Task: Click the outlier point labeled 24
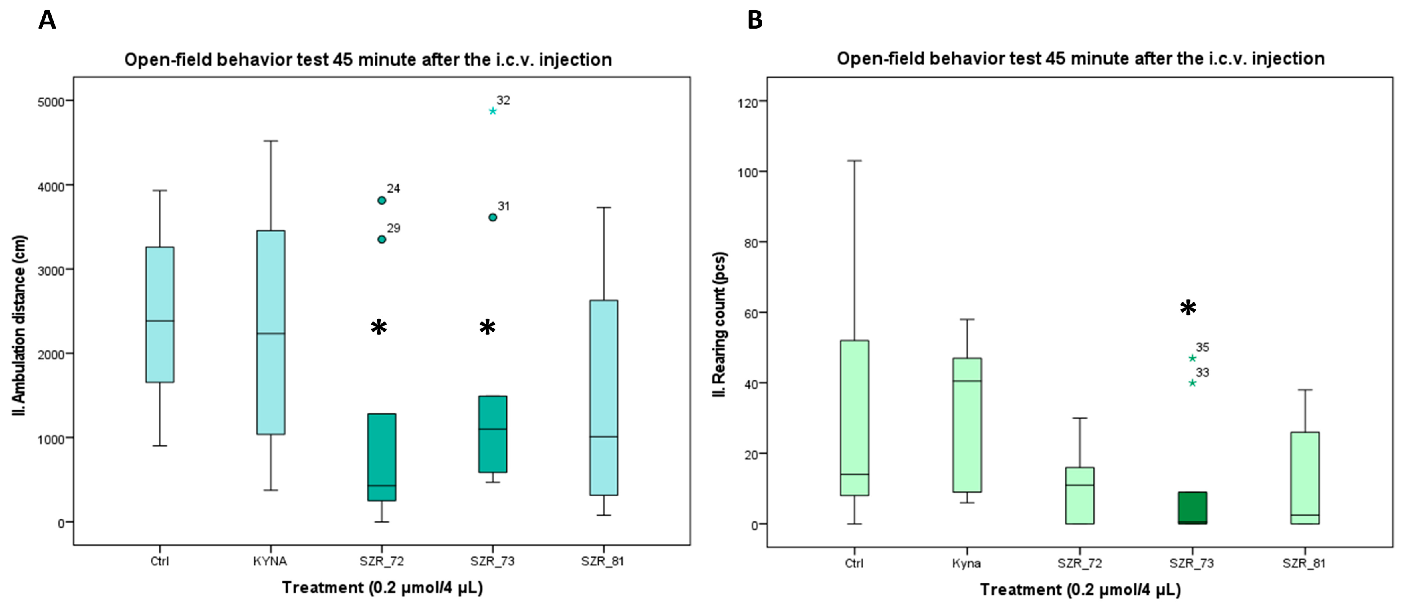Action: [381, 200]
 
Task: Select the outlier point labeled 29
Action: [381, 240]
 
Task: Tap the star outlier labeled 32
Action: [492, 111]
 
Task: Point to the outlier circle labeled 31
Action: [492, 217]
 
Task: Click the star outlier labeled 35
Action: [1192, 358]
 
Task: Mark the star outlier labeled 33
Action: [1192, 383]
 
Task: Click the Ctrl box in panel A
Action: [160, 315]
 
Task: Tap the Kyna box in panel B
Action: [966, 425]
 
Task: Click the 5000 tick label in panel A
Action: [51, 102]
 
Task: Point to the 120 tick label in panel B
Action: [748, 102]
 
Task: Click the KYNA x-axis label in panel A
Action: [270, 561]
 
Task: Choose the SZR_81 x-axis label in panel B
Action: [1304, 563]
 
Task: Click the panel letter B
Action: [755, 20]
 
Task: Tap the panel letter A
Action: [47, 20]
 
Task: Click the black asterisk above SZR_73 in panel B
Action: [1188, 308]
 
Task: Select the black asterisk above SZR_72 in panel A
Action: [379, 327]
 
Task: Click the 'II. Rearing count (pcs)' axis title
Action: [720, 325]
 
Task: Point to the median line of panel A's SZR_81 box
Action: [604, 437]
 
